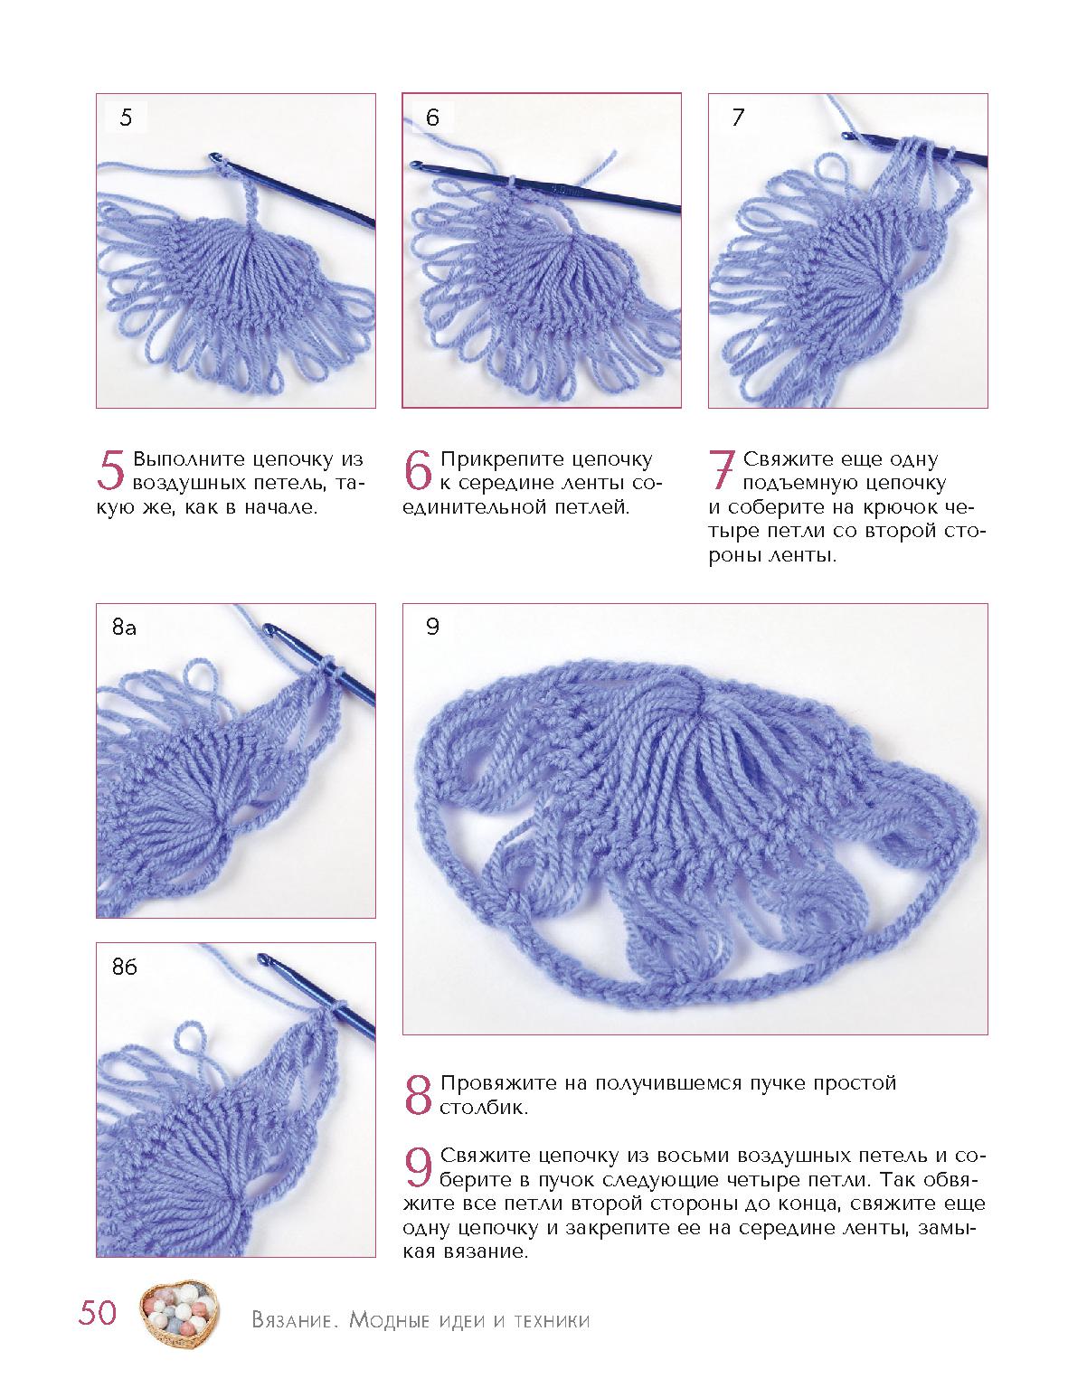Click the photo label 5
pyautogui.click(x=126, y=118)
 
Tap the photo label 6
pyautogui.click(x=432, y=118)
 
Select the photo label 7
pyautogui.click(x=739, y=118)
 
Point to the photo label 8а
pyautogui.click(x=124, y=627)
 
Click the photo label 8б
pyautogui.click(x=125, y=967)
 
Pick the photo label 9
pyautogui.click(x=432, y=627)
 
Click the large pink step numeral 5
pyautogui.click(x=110, y=471)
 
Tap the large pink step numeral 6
pyautogui.click(x=419, y=471)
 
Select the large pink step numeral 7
pyautogui.click(x=722, y=471)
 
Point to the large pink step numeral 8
pyautogui.click(x=419, y=1095)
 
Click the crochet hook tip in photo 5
pyautogui.click(x=213, y=156)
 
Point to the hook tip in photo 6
pyautogui.click(x=415, y=165)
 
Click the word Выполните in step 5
pyautogui.click(x=188, y=459)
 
